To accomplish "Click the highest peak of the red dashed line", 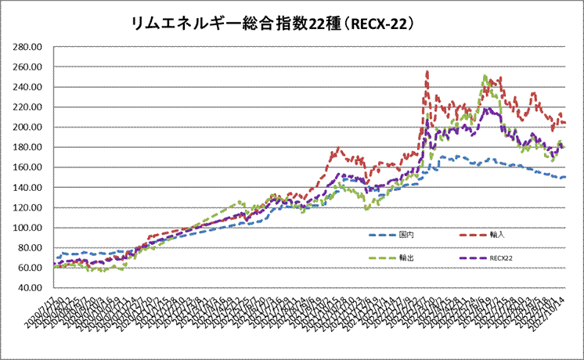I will (x=427, y=73).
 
